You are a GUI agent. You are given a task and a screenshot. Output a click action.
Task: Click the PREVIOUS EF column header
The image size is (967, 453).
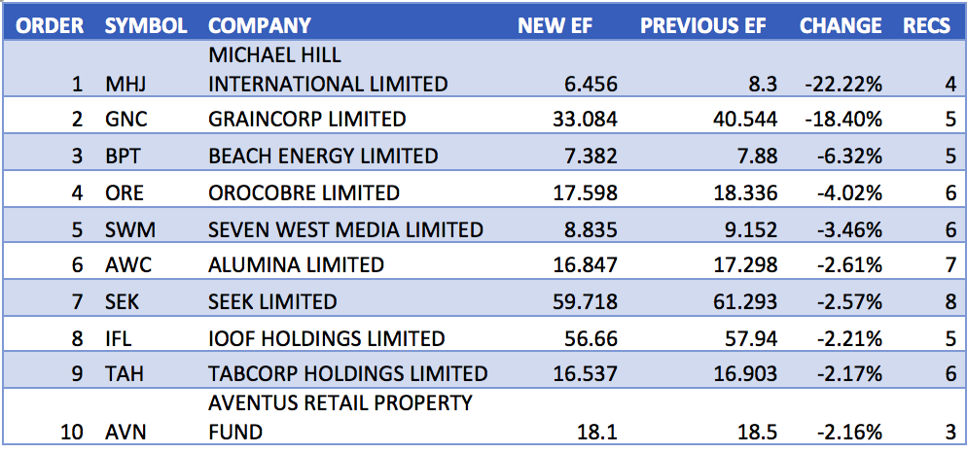(707, 26)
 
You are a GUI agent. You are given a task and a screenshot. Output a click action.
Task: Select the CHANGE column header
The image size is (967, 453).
(841, 26)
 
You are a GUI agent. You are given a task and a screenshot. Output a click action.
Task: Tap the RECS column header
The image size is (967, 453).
(926, 26)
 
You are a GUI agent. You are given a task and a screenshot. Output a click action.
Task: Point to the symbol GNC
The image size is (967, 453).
(124, 120)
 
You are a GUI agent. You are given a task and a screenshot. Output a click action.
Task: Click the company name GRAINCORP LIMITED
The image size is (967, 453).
(306, 120)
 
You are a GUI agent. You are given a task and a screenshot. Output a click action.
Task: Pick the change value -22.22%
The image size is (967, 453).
(843, 85)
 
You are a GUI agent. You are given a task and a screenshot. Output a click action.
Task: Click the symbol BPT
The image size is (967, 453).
(123, 156)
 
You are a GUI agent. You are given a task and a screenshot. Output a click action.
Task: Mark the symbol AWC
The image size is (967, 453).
(125, 265)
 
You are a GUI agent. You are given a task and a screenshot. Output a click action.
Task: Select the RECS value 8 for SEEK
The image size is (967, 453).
(950, 301)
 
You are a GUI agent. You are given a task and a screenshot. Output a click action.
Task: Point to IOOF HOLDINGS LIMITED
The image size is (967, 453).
(326, 338)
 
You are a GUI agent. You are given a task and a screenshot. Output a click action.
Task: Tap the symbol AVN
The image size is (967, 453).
(124, 431)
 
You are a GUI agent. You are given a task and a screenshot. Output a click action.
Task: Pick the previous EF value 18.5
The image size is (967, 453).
(758, 431)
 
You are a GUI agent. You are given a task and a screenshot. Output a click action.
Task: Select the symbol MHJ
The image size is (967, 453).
(124, 85)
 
